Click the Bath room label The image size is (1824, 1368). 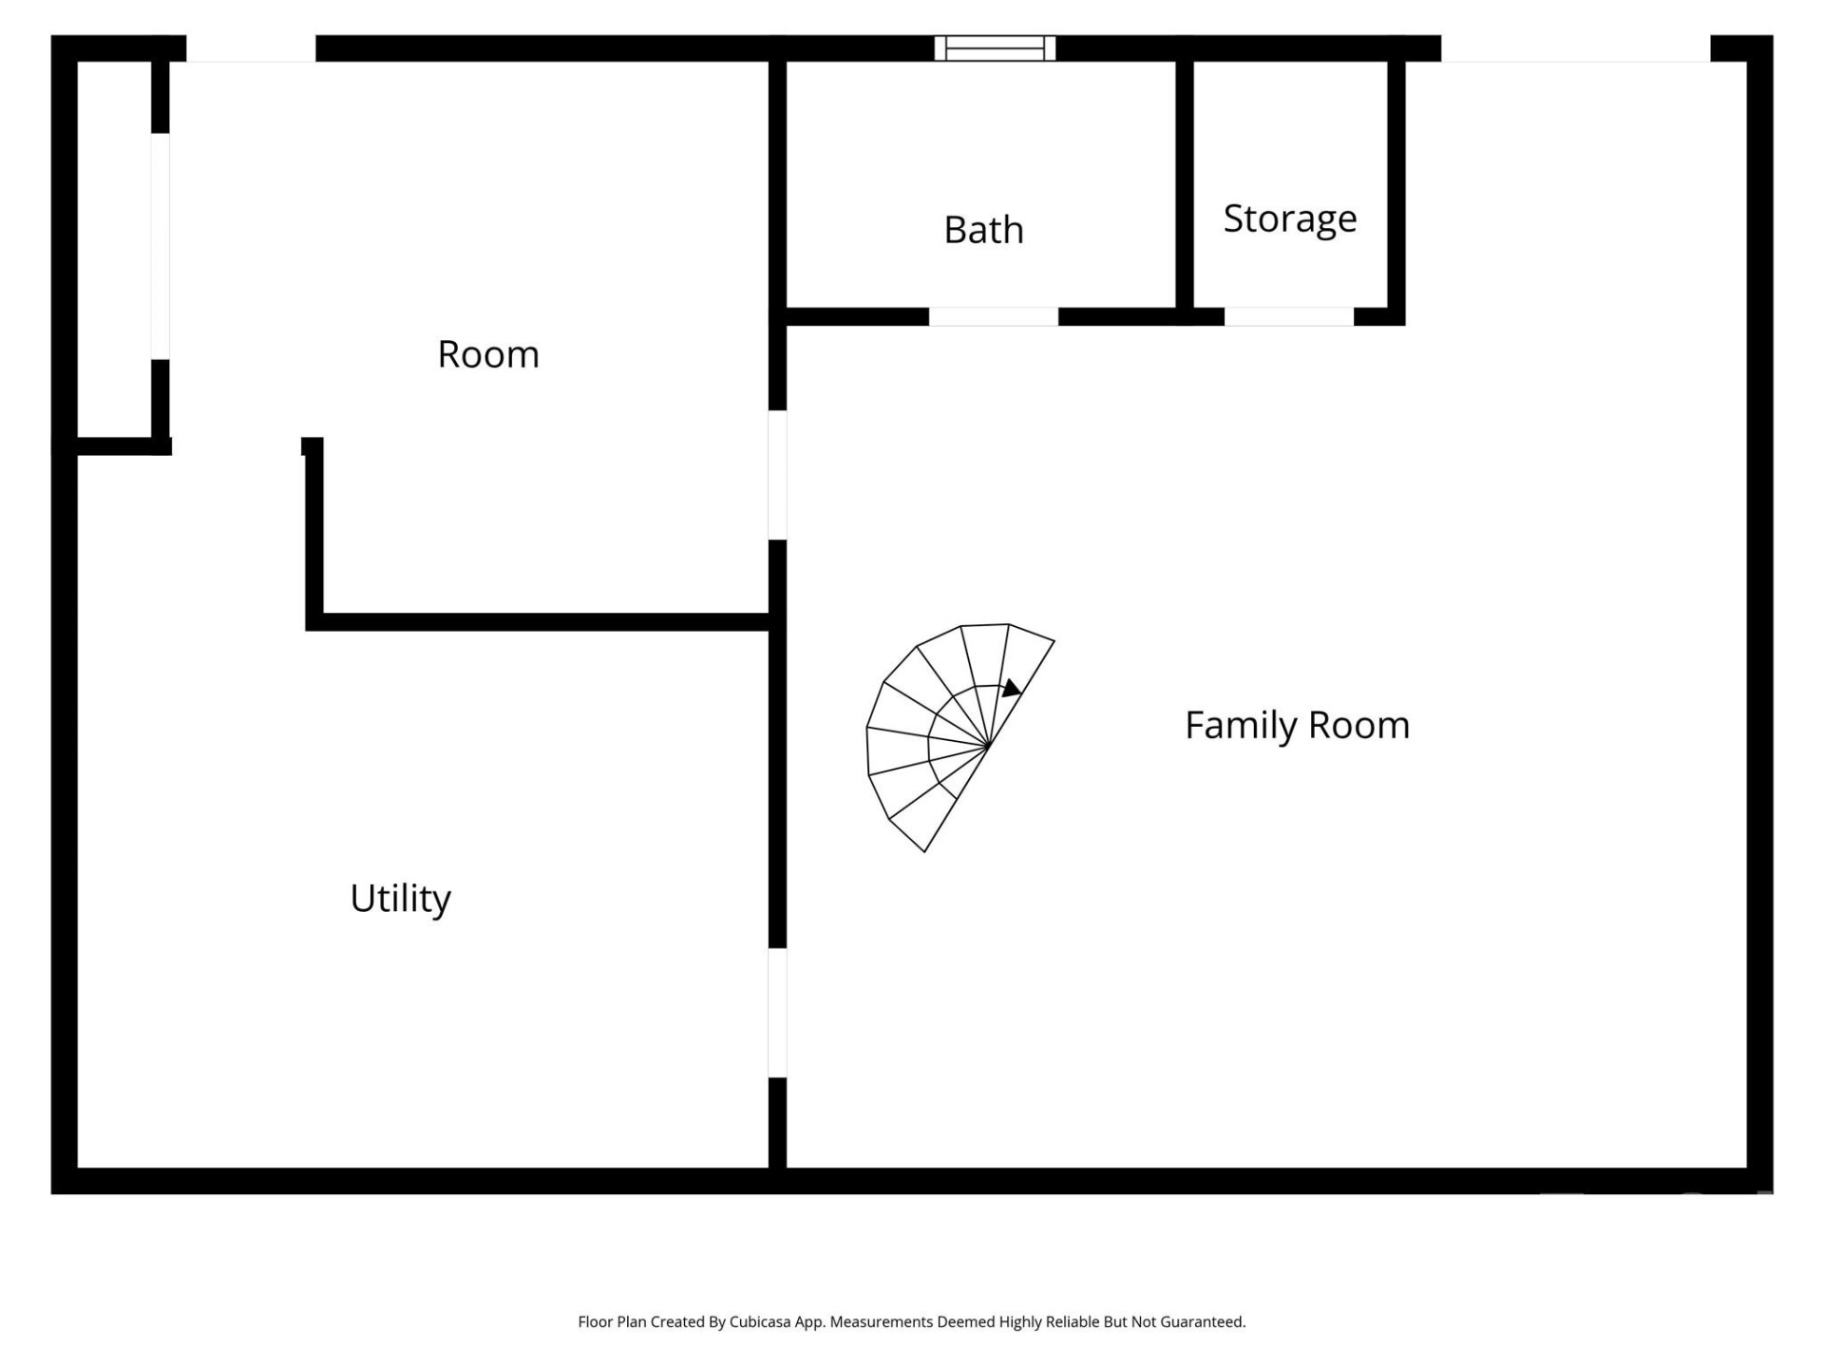(x=983, y=230)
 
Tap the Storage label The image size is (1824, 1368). (x=1289, y=218)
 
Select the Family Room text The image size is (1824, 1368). (x=1297, y=726)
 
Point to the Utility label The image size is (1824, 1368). (x=400, y=898)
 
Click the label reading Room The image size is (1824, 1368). (x=488, y=354)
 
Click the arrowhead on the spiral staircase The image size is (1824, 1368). (x=1012, y=688)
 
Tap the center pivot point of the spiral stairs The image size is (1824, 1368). (x=989, y=746)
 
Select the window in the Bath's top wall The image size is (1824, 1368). (x=995, y=47)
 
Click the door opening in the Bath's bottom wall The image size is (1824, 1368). (x=993, y=317)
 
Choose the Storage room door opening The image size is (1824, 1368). (x=1288, y=317)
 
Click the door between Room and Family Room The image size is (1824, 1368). (x=777, y=475)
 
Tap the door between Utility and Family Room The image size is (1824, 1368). (x=777, y=1013)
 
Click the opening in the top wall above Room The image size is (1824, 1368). (x=251, y=49)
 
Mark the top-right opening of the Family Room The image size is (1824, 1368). (x=1575, y=49)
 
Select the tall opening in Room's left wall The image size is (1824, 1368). (x=161, y=246)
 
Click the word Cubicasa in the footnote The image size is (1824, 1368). (x=760, y=1322)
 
